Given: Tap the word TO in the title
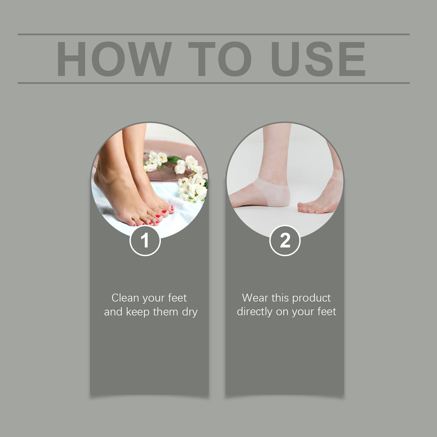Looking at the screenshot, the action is (x=220, y=59).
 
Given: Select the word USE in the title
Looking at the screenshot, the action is (x=318, y=59).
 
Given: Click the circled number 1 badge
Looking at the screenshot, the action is (x=145, y=240).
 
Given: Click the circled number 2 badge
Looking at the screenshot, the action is (x=285, y=240).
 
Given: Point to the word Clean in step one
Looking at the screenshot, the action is (x=125, y=298).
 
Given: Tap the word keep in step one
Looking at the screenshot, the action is (x=138, y=312).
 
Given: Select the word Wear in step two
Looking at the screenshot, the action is (x=255, y=298).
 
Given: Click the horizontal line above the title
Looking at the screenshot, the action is (x=214, y=34).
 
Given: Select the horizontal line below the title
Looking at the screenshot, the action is (x=214, y=83).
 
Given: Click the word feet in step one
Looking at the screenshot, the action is (x=178, y=298).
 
